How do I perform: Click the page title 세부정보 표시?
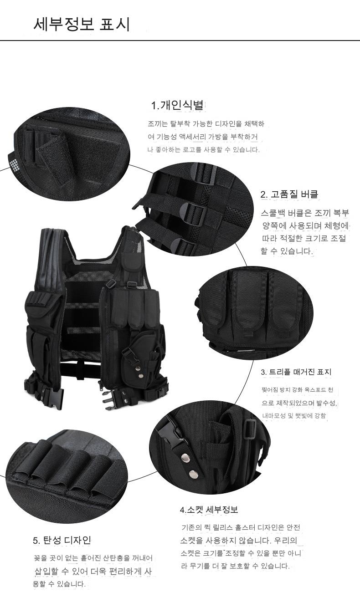pyautogui.click(x=82, y=25)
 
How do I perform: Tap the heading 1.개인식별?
pyautogui.click(x=177, y=105)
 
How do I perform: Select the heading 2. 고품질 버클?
pyautogui.click(x=289, y=194)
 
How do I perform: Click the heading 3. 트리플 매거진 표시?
pyautogui.click(x=296, y=372)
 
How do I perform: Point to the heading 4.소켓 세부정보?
pyautogui.click(x=209, y=510)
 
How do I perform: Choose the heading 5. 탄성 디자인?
pyautogui.click(x=62, y=540)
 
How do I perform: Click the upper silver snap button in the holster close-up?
pyautogui.click(x=185, y=458)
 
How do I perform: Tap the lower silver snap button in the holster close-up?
pyautogui.click(x=193, y=474)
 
